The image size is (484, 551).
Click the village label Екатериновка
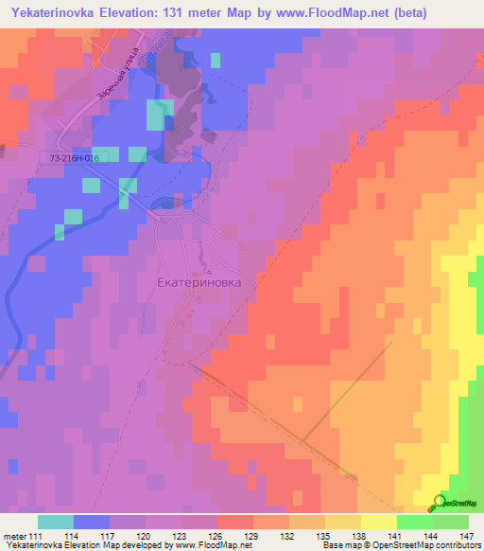click(199, 282)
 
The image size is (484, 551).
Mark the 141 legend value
click(397, 538)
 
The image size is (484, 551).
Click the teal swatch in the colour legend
click(56, 522)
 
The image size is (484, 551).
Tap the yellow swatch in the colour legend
click(379, 522)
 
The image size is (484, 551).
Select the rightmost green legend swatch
click(451, 522)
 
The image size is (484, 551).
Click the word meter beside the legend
click(13, 538)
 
